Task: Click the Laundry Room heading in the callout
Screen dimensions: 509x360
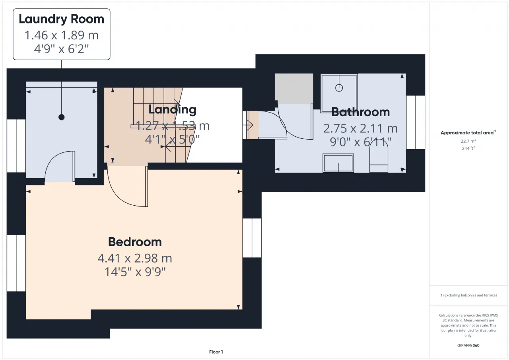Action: pos(61,19)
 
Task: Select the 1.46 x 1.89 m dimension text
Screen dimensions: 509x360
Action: pos(61,35)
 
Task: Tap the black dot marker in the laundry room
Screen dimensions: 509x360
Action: pos(61,117)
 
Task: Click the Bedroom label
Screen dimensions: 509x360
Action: pos(135,242)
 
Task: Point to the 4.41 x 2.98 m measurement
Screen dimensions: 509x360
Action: pos(135,258)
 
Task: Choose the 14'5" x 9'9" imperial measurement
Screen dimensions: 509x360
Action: pos(135,272)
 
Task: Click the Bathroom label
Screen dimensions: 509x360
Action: pos(360,112)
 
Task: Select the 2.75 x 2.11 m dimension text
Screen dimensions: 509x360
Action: pos(360,128)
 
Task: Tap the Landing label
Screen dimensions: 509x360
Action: pos(172,110)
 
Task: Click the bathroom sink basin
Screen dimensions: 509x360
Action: pos(338,163)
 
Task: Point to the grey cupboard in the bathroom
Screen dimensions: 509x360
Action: pos(294,89)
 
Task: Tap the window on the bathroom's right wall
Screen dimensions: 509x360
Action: pos(416,122)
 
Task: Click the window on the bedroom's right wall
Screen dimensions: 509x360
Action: pos(252,238)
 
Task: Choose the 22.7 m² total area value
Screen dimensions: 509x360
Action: pos(468,141)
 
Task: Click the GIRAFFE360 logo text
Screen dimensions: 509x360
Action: pos(468,345)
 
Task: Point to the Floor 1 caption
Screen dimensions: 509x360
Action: pos(216,352)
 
